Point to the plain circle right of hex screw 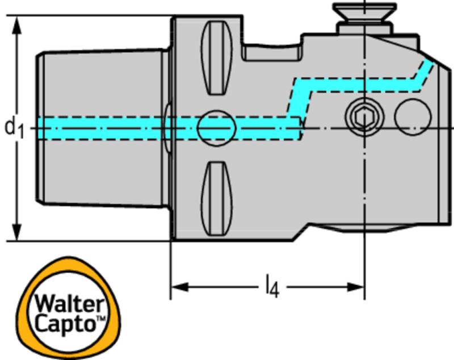pyautogui.click(x=411, y=117)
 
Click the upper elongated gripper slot pyautogui.click(x=217, y=58)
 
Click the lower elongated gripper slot pyautogui.click(x=216, y=197)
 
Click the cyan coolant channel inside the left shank pyautogui.click(x=102, y=128)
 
